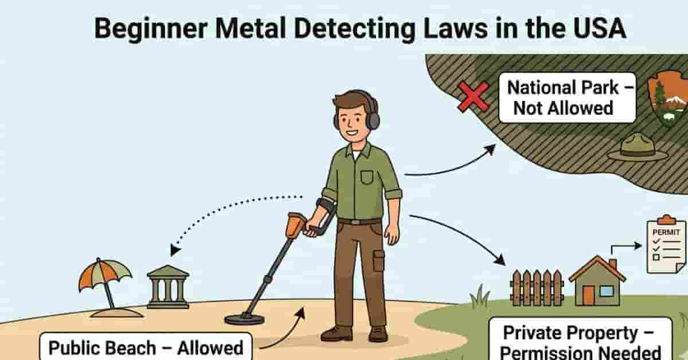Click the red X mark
(x=474, y=96)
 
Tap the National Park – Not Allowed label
(x=566, y=97)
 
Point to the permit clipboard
(x=665, y=244)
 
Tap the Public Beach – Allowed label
(x=146, y=347)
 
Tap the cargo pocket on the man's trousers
(x=378, y=261)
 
